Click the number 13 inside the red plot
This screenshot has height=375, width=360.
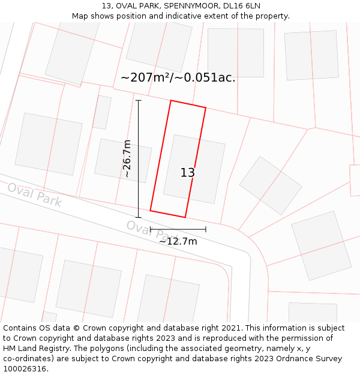tap(188, 173)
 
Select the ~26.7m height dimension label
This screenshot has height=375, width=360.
tap(127, 158)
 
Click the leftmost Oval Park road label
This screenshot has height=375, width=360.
tap(34, 195)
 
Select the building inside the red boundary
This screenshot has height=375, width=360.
tap(194, 169)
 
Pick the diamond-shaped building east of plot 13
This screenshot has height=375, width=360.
tap(271, 185)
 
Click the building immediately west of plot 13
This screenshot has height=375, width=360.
tap(123, 161)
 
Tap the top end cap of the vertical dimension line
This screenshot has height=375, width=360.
tap(139, 100)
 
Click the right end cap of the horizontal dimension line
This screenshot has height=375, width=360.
tap(206, 229)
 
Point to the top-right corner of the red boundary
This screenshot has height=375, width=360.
tap(206, 108)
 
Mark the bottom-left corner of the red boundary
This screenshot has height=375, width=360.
tap(150, 211)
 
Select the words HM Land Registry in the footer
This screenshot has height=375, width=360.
tap(34, 348)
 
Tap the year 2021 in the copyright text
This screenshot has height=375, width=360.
tap(232, 328)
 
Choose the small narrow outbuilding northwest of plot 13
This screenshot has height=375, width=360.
tap(101, 112)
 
